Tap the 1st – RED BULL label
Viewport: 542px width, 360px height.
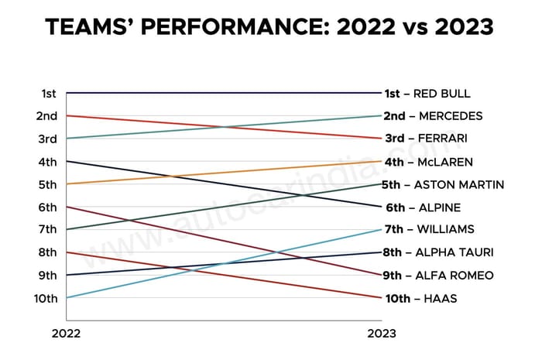click(x=427, y=94)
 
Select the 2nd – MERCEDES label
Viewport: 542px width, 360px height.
click(x=433, y=116)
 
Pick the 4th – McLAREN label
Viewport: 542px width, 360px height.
click(x=428, y=162)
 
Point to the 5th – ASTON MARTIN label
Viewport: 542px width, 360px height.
click(x=444, y=184)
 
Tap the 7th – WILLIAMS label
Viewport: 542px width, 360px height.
click(x=429, y=230)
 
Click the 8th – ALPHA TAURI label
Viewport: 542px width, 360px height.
click(x=438, y=252)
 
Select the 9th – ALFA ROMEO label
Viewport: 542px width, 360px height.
click(x=437, y=276)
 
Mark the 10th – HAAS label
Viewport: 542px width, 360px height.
click(x=419, y=298)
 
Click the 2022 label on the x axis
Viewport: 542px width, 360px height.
click(x=66, y=334)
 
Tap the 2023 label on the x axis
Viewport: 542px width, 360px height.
click(x=381, y=334)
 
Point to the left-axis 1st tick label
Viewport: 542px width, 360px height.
click(x=48, y=94)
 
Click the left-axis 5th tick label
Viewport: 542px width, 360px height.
click(x=47, y=184)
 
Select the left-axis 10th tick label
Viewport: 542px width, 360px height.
click(x=45, y=298)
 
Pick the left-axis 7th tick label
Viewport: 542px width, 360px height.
click(x=47, y=230)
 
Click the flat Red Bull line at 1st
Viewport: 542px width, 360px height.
click(x=225, y=93)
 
